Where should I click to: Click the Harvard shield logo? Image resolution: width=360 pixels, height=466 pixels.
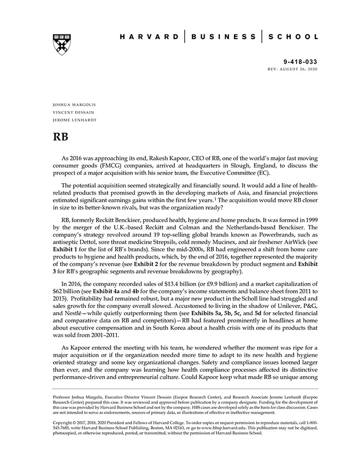pos(62,44)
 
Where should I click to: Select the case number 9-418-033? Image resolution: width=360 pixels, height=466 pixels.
pos(301,62)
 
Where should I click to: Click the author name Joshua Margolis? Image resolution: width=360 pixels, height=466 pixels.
pos(74,104)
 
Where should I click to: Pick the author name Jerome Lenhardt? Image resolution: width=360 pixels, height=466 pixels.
pos(74,120)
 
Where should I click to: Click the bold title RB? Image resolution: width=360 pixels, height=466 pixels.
pos(61,138)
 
